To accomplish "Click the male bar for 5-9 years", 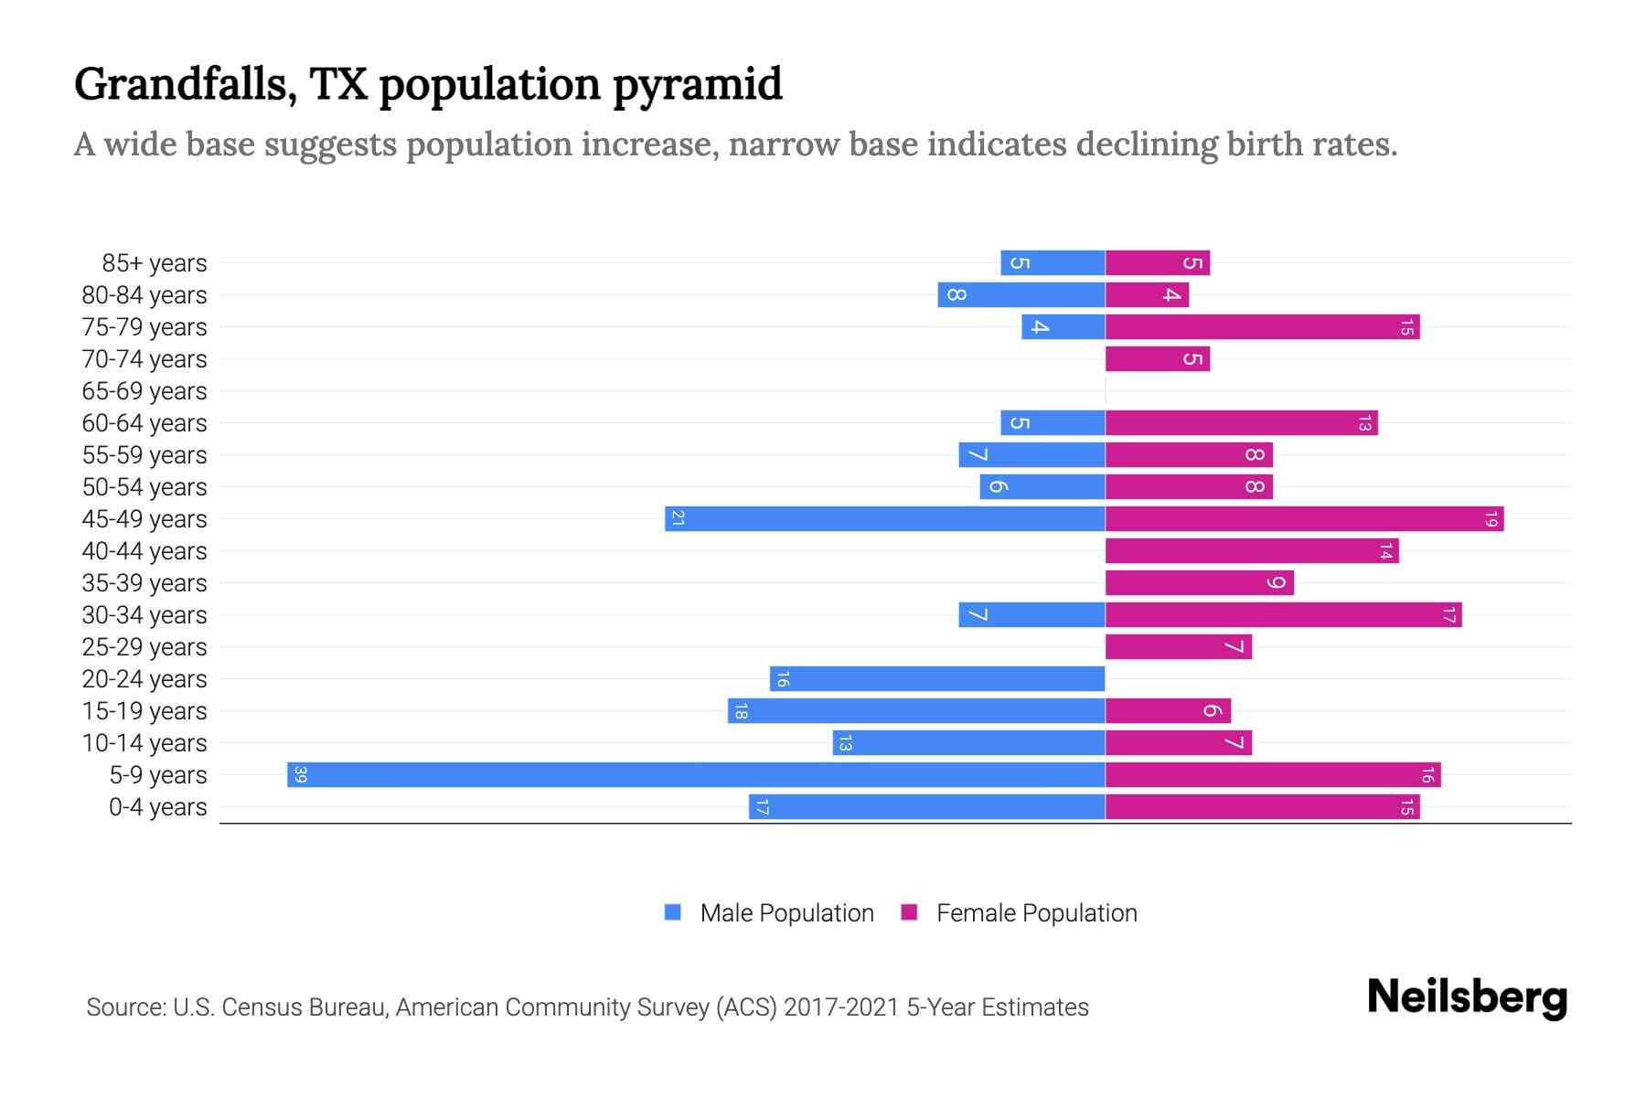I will coord(695,775).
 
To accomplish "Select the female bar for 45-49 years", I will coord(1304,519).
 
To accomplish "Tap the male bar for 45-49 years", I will coord(884,519).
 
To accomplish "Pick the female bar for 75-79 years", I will coord(1262,327).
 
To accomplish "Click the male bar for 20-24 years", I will coord(937,679).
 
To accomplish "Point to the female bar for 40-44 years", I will coord(1251,551).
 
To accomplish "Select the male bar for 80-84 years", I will coord(1021,295).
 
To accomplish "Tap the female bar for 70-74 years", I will coord(1157,359).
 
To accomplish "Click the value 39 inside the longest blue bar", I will coord(300,775).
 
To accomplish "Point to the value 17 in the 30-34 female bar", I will coord(1448,615).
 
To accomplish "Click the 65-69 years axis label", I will coord(144,391).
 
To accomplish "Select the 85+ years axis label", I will coord(155,263).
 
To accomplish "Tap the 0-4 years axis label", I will coord(157,807).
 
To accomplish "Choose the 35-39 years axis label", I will coord(144,583).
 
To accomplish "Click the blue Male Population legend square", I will coord(673,912).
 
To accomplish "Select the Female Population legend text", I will coord(1036,913).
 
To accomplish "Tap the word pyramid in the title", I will coord(697,85).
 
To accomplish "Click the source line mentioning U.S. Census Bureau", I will coord(587,1007).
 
